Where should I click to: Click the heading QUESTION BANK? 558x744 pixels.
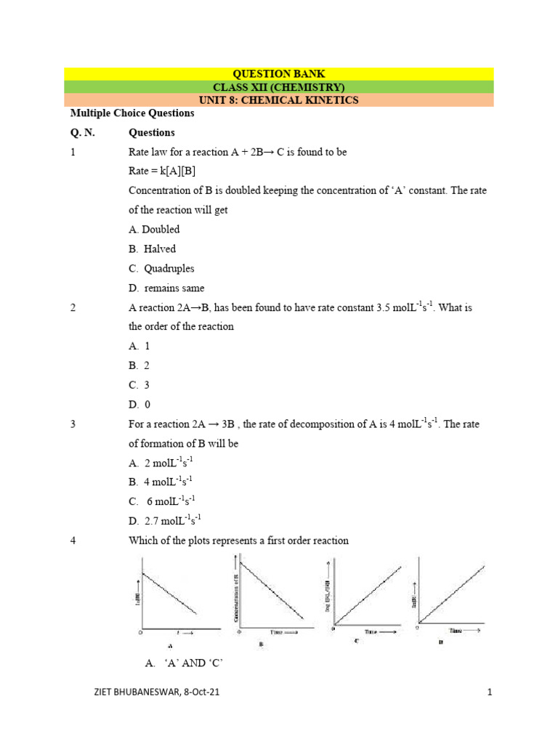(278, 74)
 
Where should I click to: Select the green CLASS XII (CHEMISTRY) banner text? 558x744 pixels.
(278, 87)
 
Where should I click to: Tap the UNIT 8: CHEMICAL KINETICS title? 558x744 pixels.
(278, 100)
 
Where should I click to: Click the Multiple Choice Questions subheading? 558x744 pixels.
(132, 113)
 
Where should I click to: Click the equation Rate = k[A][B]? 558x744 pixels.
(162, 171)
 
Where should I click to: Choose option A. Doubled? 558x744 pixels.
(154, 230)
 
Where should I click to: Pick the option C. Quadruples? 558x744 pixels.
(161, 269)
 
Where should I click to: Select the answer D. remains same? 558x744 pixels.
(166, 288)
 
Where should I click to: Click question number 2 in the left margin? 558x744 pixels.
(73, 308)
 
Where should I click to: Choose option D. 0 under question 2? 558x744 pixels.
(139, 405)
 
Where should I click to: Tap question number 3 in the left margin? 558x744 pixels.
(73, 424)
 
